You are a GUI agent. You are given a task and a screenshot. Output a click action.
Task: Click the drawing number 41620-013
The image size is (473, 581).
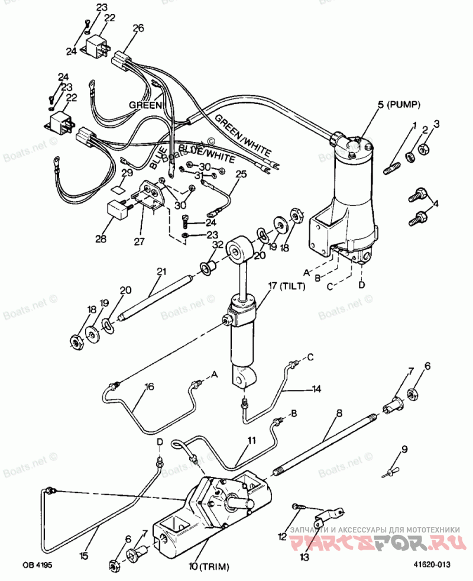click(430, 565)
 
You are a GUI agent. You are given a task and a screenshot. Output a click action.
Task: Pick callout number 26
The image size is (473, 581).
click(138, 28)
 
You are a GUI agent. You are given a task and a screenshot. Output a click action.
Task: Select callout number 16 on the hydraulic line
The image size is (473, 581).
click(149, 387)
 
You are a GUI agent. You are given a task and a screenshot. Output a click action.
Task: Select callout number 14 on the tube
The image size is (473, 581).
click(316, 389)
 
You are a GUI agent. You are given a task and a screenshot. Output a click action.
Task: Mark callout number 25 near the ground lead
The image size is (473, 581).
click(240, 174)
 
